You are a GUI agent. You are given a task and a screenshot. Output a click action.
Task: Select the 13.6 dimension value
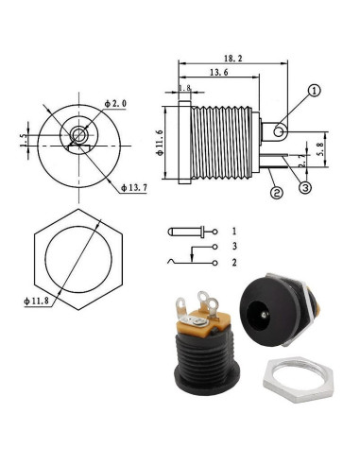click(219, 72)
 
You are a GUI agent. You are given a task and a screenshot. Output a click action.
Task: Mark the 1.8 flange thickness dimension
click(185, 89)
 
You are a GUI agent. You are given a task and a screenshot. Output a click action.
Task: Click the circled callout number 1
click(314, 92)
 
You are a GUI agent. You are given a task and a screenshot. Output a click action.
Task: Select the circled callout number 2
click(276, 194)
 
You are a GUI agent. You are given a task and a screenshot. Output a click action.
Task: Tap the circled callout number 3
click(305, 186)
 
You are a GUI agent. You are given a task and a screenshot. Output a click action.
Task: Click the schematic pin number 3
click(233, 246)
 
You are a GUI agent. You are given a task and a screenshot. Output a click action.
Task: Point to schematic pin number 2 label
click(233, 262)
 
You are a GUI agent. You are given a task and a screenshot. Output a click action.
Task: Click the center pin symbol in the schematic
click(185, 231)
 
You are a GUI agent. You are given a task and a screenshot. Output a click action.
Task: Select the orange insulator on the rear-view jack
click(197, 330)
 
